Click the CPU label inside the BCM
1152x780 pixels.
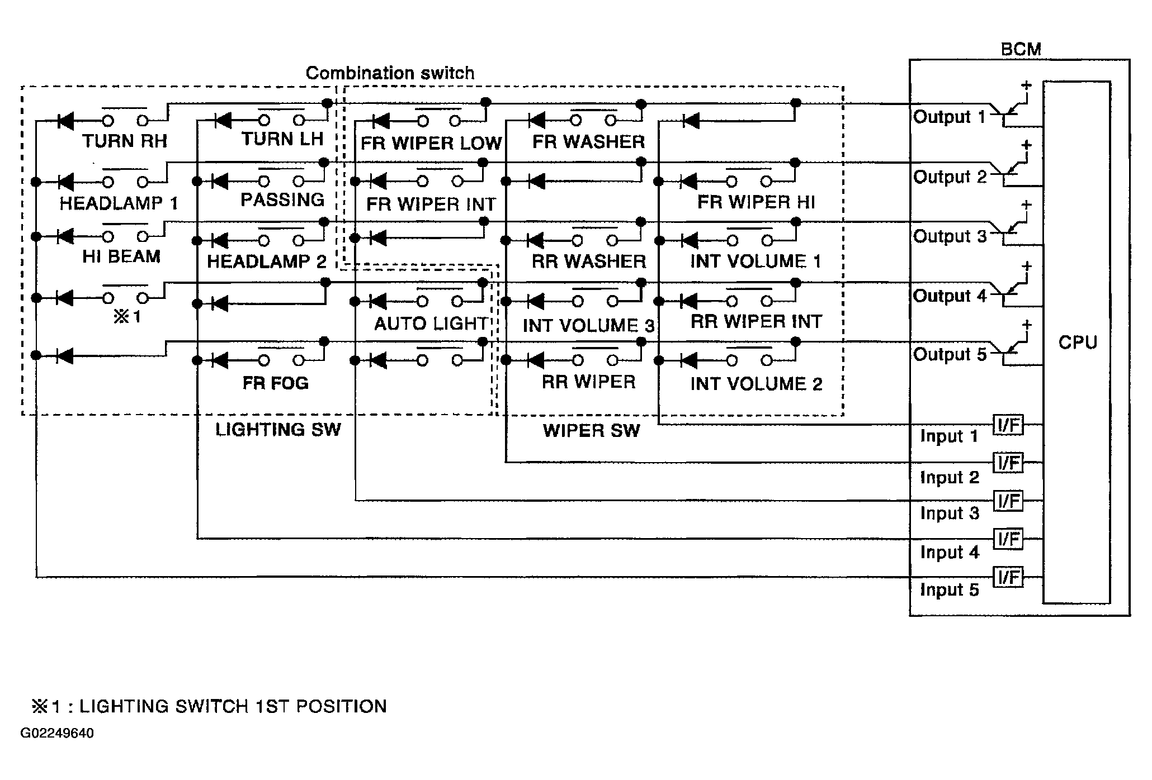tap(1078, 342)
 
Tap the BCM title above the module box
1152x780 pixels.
tap(1021, 49)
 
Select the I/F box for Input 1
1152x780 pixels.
tap(1008, 425)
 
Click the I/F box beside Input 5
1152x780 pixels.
tap(1008, 577)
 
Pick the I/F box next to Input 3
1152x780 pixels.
tap(1008, 501)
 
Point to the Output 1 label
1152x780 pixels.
tap(949, 117)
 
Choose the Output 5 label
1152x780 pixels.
tap(950, 355)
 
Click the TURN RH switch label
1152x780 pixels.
tap(125, 141)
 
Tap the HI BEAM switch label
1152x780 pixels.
tap(121, 256)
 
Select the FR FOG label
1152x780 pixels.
tap(275, 383)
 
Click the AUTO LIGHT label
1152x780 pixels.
tap(431, 324)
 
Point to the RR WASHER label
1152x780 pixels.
tap(588, 261)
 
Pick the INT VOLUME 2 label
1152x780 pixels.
tap(756, 384)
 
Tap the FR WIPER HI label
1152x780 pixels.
tap(756, 202)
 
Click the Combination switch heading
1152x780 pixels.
tap(390, 73)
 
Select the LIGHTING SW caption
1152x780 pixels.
tap(278, 430)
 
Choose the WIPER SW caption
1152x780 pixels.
tap(591, 431)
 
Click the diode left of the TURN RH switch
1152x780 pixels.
tap(65, 120)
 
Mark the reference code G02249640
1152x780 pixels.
tap(57, 733)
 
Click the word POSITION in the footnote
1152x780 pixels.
tap(341, 706)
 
